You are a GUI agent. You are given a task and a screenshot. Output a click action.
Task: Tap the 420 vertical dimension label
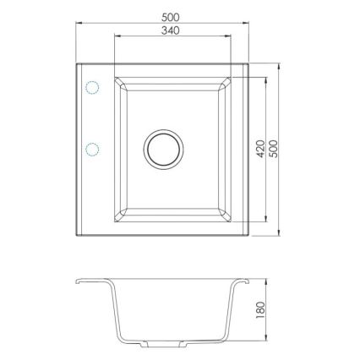[261, 148]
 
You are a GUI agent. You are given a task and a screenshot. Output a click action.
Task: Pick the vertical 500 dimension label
[273, 148]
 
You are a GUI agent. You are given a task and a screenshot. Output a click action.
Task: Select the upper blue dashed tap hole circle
[91, 87]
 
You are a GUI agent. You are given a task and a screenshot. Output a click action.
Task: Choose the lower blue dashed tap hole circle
[91, 149]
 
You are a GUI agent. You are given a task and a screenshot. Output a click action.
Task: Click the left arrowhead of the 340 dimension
[115, 38]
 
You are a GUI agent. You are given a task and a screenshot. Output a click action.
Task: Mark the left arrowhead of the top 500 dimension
[79, 23]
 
